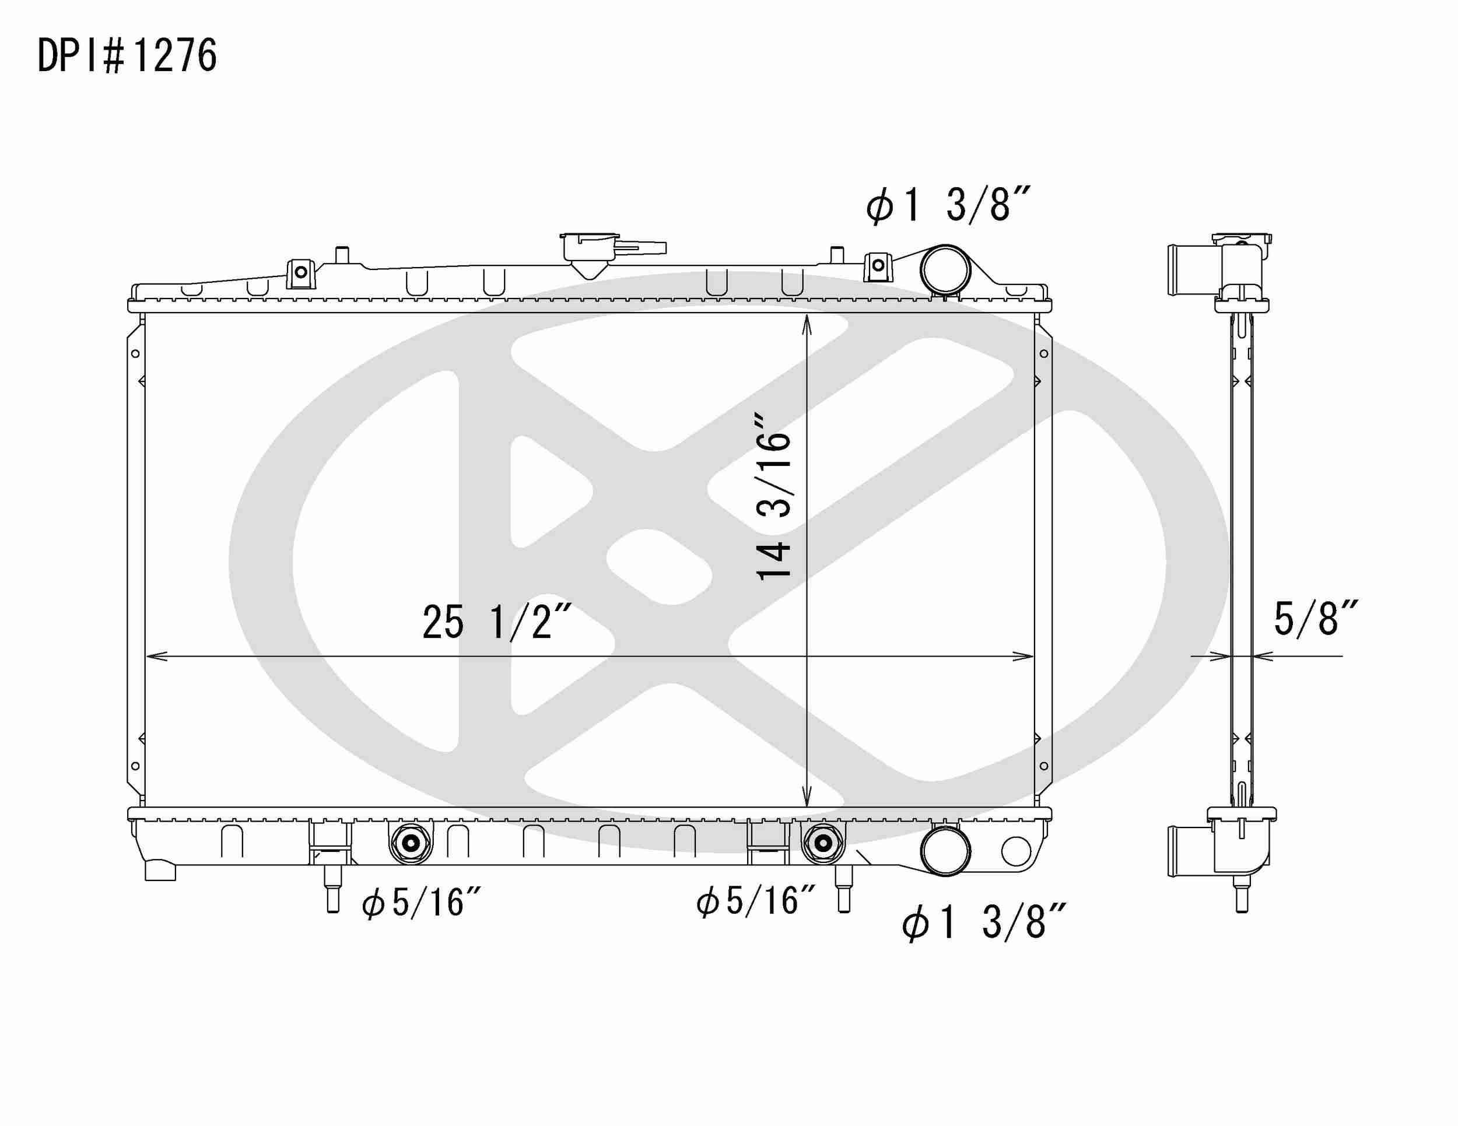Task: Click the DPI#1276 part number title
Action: (x=127, y=55)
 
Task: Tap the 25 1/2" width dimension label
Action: (x=497, y=622)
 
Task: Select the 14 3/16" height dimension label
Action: (x=774, y=497)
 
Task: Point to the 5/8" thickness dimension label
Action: (x=1316, y=619)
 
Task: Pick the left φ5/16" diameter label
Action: (x=421, y=903)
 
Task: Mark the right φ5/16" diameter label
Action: (x=756, y=901)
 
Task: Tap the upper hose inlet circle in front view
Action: (x=945, y=269)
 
